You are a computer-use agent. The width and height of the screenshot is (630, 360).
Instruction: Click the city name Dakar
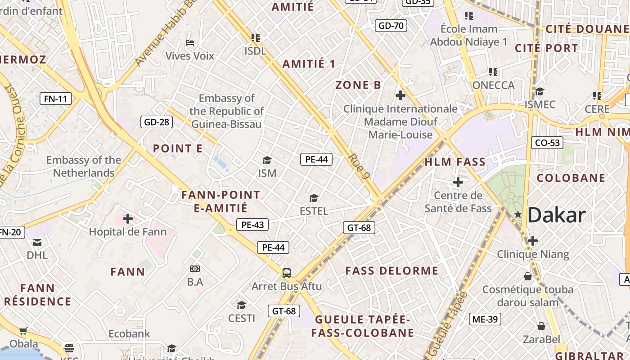coord(556,216)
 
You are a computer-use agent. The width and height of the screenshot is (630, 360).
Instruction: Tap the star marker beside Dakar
coord(518,215)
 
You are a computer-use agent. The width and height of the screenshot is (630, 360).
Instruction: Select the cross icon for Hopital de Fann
coord(128,219)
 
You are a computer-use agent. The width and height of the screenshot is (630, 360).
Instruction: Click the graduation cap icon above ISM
coord(267,161)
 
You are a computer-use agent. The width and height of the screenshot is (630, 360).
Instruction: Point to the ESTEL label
coord(314,211)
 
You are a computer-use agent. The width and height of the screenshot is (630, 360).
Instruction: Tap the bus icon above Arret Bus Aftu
coord(287,273)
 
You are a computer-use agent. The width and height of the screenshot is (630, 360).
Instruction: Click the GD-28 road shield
coord(157,121)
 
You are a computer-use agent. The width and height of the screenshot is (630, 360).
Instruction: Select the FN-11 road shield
coord(56,99)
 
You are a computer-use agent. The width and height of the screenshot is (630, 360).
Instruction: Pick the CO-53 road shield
coord(547,143)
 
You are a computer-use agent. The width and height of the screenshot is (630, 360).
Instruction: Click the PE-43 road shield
coord(252,224)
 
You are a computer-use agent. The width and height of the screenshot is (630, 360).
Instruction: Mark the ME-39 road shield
coord(485,319)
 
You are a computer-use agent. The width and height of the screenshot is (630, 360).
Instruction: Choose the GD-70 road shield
coord(391,26)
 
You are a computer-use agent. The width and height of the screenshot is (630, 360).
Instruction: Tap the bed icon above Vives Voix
coord(190,43)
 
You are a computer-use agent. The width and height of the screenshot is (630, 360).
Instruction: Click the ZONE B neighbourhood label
coord(358,85)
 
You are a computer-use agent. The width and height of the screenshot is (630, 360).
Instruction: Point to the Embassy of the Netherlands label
coord(84,166)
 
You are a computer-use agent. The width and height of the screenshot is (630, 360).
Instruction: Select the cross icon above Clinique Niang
coord(533,241)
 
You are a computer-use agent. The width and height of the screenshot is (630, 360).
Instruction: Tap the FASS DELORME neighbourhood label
coord(391,270)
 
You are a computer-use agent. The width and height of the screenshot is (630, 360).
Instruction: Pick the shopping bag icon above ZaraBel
coord(541,326)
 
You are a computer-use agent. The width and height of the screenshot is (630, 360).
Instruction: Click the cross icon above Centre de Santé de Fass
coord(458,182)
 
